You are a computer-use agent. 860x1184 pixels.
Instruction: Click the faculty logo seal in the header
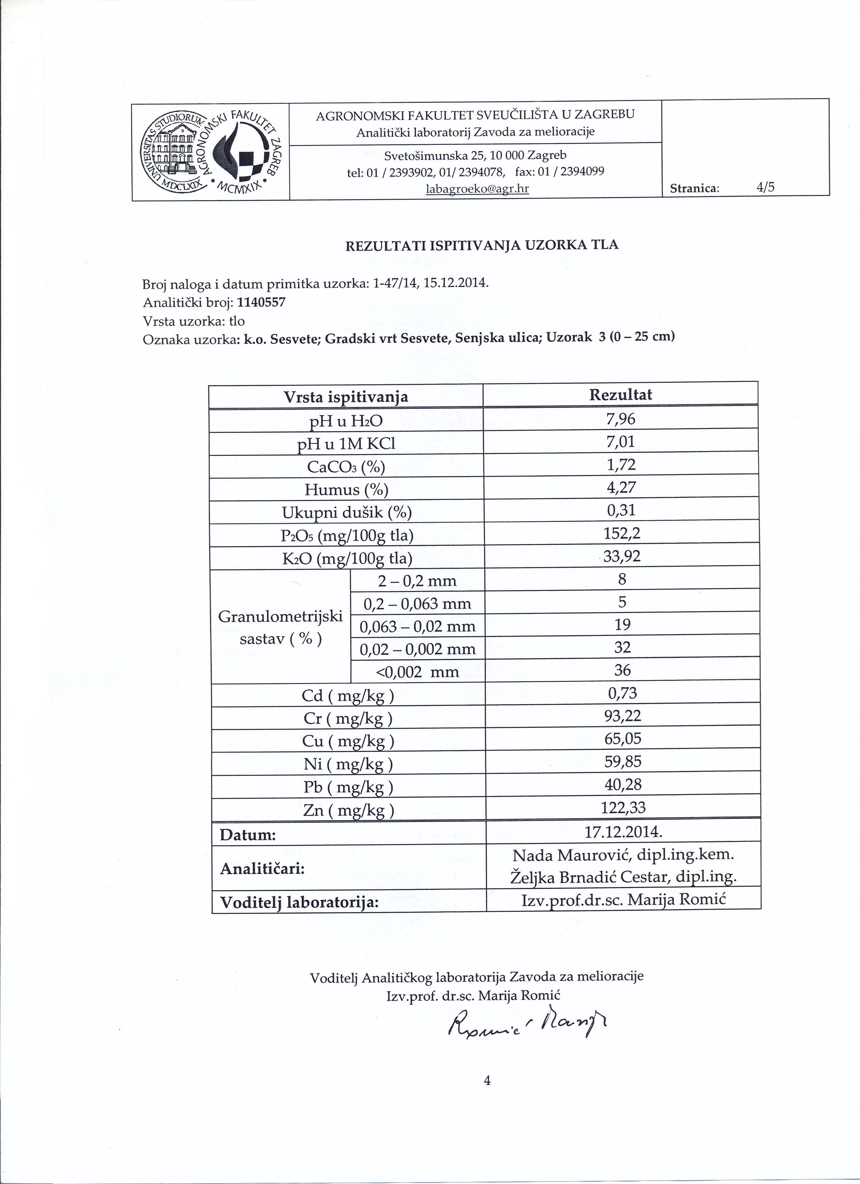coord(211,151)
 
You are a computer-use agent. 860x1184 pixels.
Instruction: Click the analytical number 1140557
coord(261,303)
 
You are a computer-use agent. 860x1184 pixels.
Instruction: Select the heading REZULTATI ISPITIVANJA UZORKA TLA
coord(482,245)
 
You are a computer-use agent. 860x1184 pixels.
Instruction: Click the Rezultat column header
coord(621,395)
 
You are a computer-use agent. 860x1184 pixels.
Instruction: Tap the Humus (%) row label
coord(346,490)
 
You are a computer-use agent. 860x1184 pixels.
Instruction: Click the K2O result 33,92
coord(622,557)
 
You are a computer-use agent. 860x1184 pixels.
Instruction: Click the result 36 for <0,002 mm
coord(623,670)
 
